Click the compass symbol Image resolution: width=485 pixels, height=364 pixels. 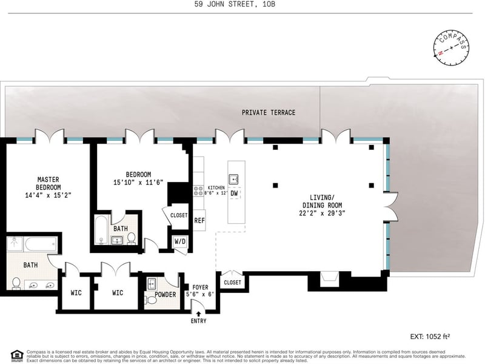[x=452, y=47]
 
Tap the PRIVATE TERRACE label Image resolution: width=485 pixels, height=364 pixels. [x=268, y=113]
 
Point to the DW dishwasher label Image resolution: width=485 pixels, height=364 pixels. [x=234, y=194]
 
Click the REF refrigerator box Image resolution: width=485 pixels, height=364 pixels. [x=199, y=221]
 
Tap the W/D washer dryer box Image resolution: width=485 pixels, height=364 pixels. [x=181, y=241]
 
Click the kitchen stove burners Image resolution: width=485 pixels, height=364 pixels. [x=198, y=190]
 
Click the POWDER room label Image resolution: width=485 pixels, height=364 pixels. [x=161, y=295]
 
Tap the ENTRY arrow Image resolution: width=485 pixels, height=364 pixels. [x=199, y=314]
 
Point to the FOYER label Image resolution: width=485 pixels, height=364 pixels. [x=200, y=287]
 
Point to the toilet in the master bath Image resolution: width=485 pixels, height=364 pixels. [x=16, y=283]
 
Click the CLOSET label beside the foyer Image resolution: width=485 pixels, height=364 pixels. [x=232, y=283]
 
